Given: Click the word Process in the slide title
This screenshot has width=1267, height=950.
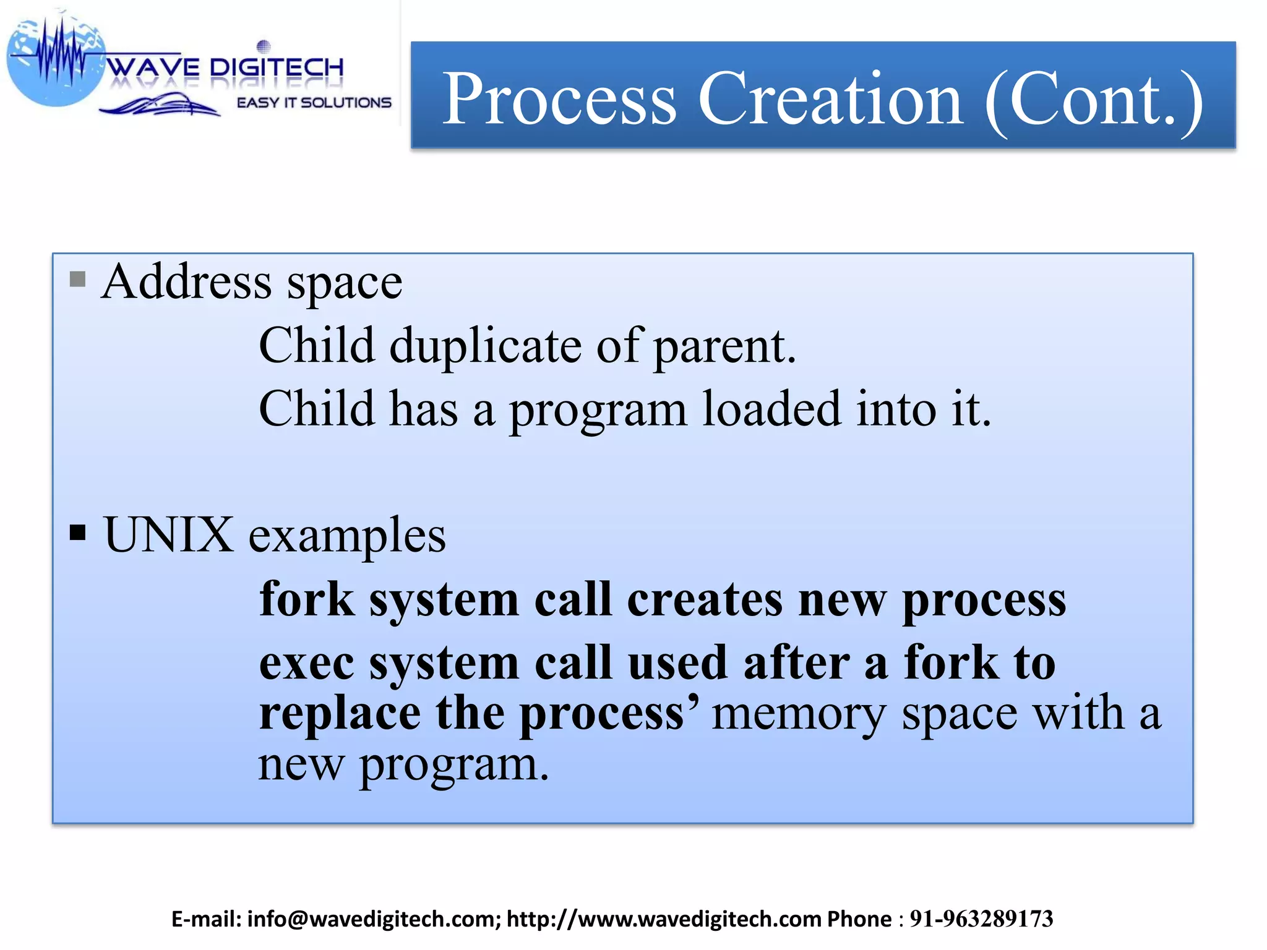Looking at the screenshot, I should coord(559,99).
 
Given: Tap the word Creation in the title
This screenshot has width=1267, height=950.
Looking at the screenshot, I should coord(830,99).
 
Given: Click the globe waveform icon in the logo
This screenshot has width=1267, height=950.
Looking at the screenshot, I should coord(56,59).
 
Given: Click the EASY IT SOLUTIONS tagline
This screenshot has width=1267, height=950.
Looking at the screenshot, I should coord(314,103).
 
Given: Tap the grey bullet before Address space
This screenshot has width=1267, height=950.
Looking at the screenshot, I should coord(77,280).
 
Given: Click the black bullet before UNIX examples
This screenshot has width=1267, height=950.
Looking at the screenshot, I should coord(77,532).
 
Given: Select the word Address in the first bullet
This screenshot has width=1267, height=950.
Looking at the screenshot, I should coord(186,282).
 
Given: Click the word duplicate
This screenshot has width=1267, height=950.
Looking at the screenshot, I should coord(485,346).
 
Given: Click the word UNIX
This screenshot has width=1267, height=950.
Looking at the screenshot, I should coord(168,534).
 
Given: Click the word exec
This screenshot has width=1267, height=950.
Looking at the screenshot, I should coord(306,663).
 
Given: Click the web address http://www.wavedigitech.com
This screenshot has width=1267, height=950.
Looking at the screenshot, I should coord(663,919).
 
